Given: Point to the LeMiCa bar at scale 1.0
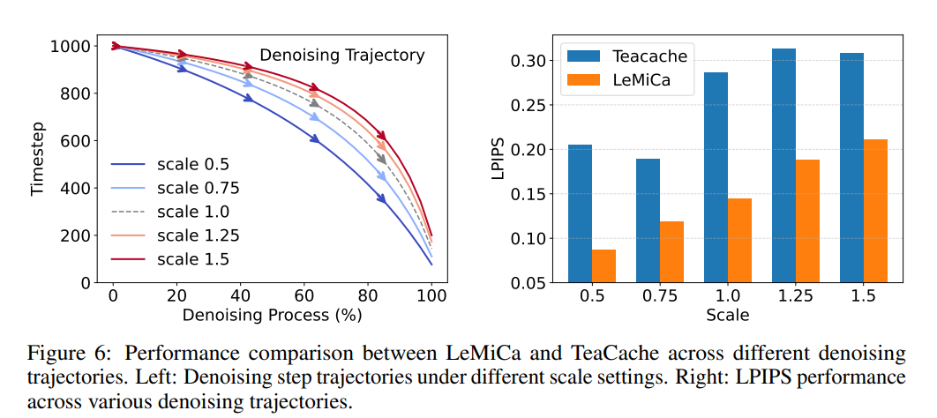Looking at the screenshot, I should pyautogui.click(x=739, y=240).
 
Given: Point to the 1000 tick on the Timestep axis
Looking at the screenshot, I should pyautogui.click(x=73, y=46).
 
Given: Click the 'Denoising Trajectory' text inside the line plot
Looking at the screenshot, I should pyautogui.click(x=341, y=55).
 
